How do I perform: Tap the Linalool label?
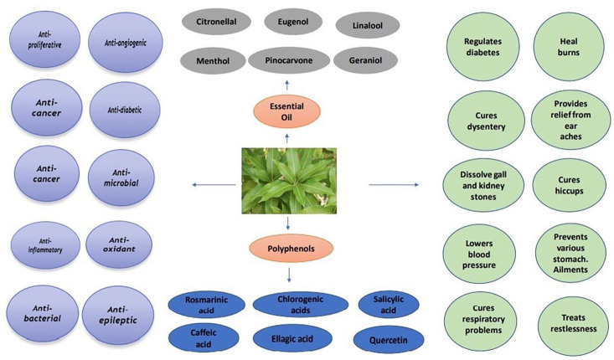367,24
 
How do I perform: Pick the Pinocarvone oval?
287,60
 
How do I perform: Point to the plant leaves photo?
287,179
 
